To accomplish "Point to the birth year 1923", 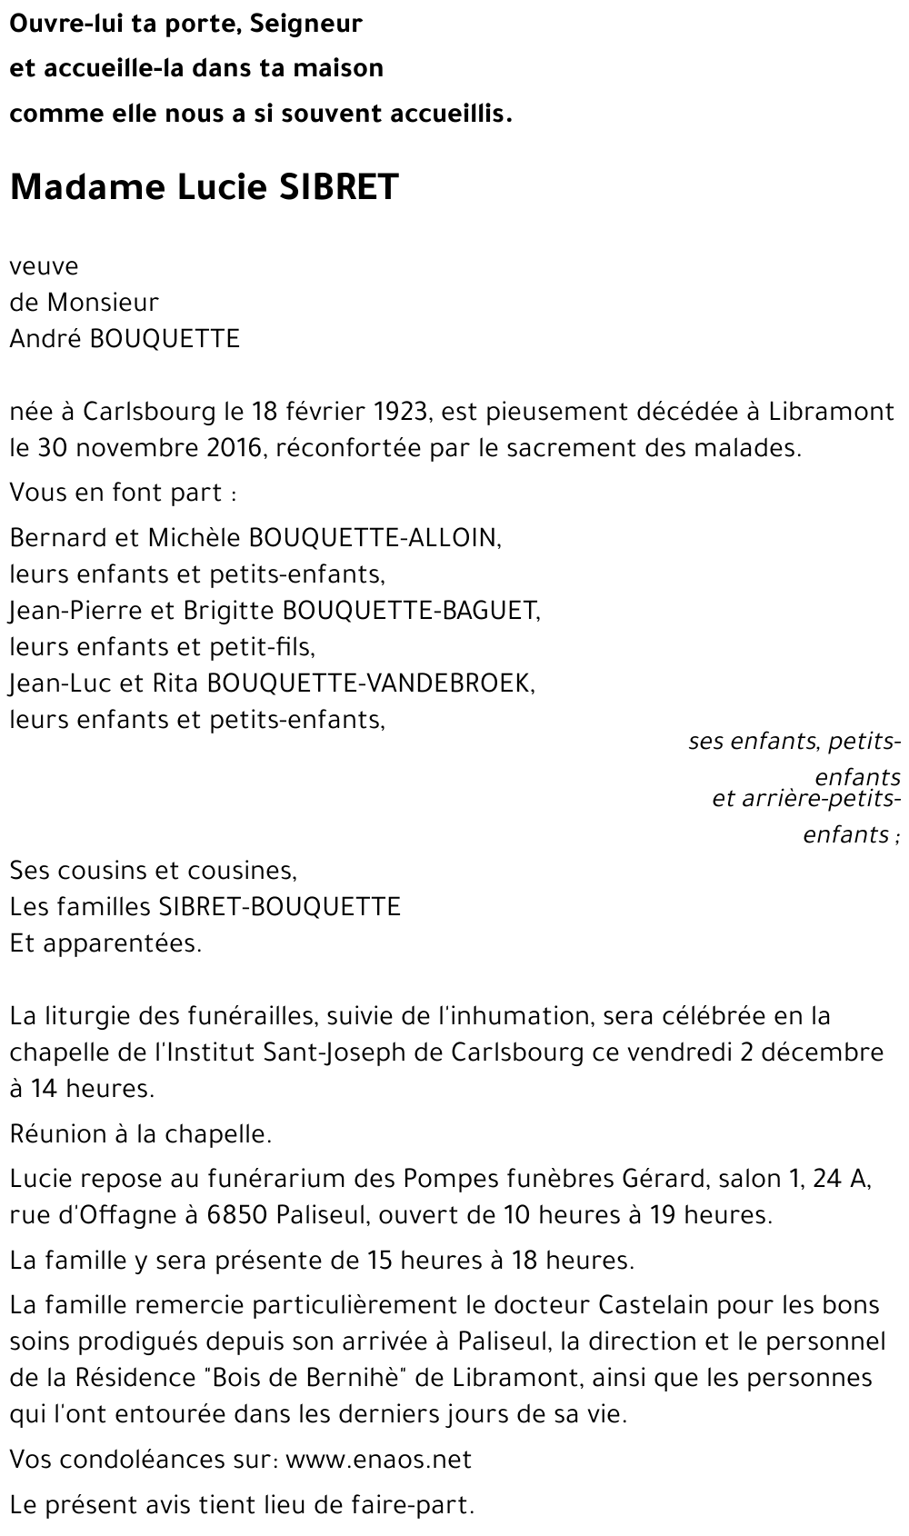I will [398, 412].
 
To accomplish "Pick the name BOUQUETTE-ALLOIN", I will [374, 538].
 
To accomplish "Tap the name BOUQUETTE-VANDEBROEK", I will [370, 683].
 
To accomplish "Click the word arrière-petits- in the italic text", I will [806, 799].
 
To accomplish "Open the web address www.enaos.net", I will [379, 1460].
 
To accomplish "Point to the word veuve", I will [44, 267].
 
